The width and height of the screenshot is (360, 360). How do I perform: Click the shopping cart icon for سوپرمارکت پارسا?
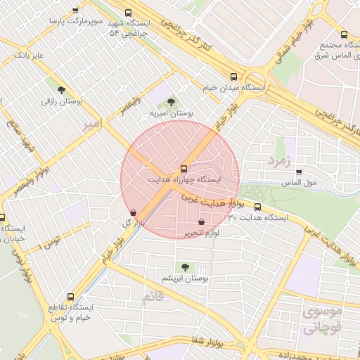click(76, 11)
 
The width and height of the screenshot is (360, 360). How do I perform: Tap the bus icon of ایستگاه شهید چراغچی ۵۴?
click(127, 13)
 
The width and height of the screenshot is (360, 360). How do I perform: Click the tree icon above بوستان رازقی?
click(62, 89)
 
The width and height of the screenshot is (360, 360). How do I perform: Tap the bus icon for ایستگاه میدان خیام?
click(233, 77)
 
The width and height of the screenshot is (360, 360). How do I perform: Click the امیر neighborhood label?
click(91, 124)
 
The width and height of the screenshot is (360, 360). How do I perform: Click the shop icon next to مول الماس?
click(299, 172)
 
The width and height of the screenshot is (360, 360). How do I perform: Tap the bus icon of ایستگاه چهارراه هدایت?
click(184, 169)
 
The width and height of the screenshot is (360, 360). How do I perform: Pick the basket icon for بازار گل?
click(134, 212)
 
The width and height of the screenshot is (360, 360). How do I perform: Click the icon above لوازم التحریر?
click(202, 222)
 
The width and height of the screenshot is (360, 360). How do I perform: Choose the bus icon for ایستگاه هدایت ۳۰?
click(257, 207)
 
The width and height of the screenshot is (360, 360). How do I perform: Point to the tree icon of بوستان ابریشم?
click(184, 267)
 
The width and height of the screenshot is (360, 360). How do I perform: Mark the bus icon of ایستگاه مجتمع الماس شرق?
click(343, 34)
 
